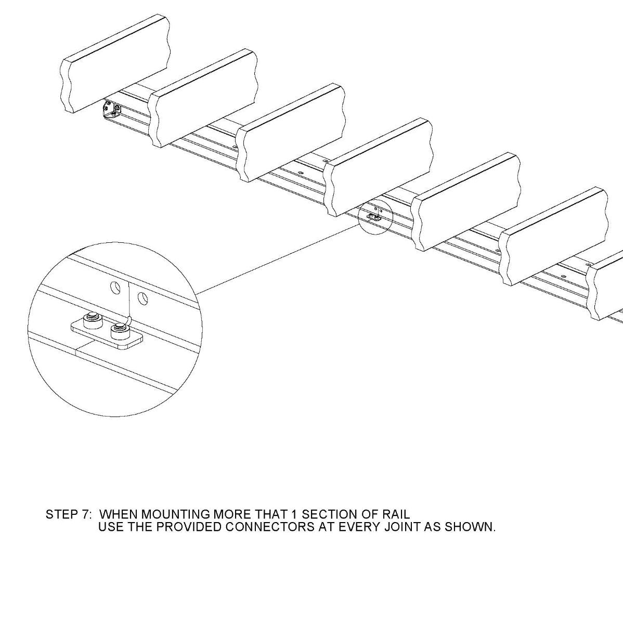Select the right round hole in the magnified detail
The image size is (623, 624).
click(x=142, y=297)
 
